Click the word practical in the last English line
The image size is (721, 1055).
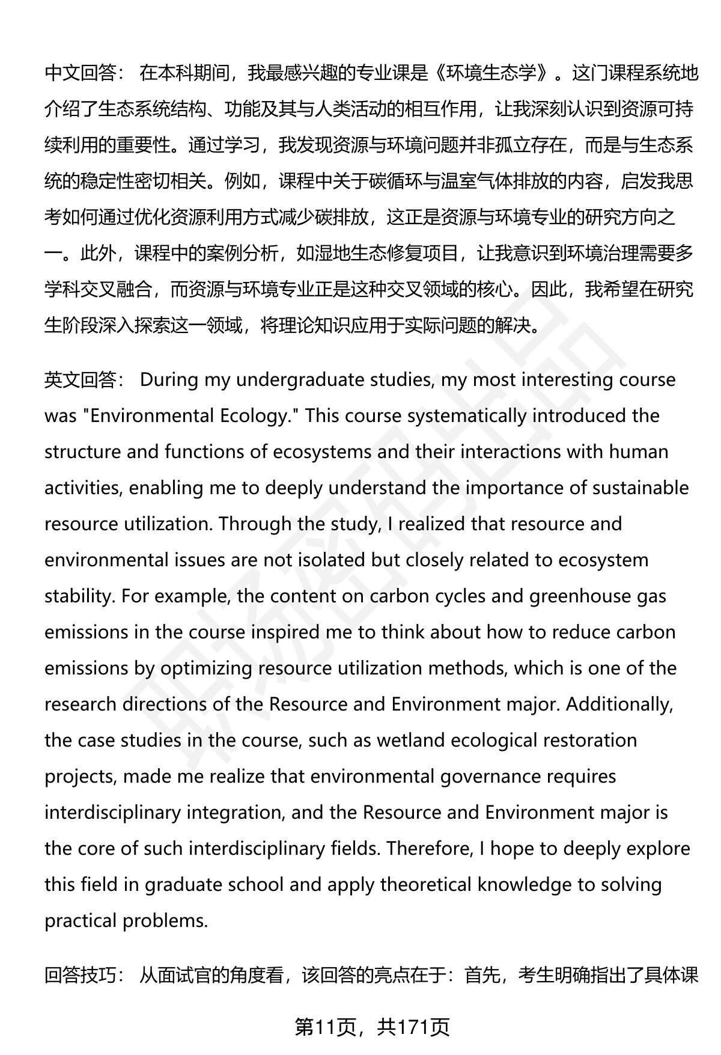pos(81,921)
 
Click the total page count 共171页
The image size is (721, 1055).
pos(414,1028)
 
